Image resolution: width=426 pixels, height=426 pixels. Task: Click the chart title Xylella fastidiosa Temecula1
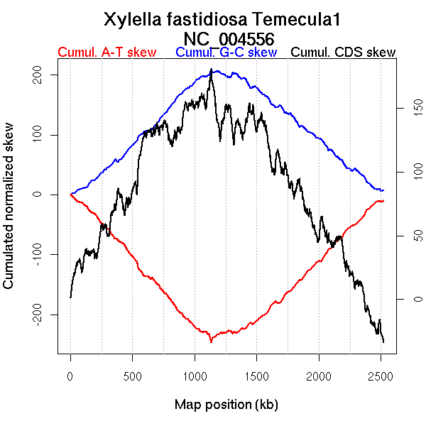click(226, 19)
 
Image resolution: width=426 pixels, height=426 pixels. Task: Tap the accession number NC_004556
click(226, 38)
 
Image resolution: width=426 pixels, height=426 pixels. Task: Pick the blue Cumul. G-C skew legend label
click(226, 53)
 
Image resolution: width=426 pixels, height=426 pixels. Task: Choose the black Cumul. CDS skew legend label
click(344, 53)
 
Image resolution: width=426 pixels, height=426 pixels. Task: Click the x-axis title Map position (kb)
click(226, 405)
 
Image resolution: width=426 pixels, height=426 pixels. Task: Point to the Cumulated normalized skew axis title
click(9, 214)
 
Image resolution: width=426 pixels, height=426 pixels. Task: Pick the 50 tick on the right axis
click(409, 236)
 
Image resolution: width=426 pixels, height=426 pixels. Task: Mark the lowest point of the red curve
click(211, 342)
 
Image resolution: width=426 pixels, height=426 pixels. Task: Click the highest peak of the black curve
click(211, 70)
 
